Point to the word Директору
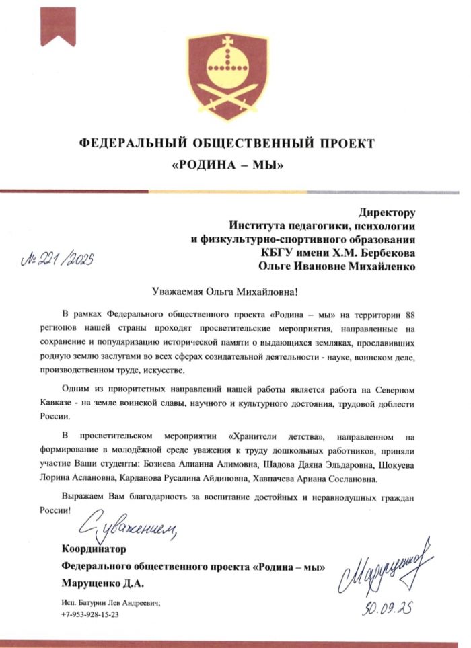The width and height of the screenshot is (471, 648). [387, 214]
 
